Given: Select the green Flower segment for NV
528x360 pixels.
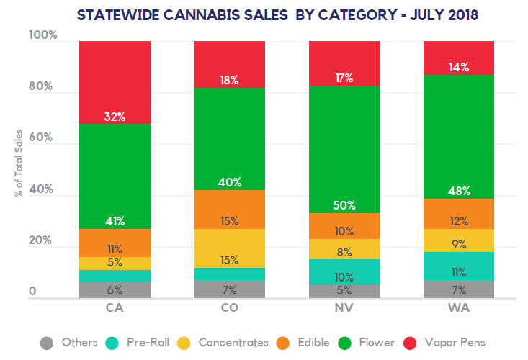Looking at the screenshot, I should tap(344, 144).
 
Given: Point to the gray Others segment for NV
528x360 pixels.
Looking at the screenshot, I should tap(344, 292).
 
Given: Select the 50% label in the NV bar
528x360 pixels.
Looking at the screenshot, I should tap(344, 205).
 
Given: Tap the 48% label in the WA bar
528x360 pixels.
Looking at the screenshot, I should tap(458, 191).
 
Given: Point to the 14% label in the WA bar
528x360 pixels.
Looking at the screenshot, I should tap(458, 67).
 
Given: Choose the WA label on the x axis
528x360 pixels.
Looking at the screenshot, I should tap(458, 308).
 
